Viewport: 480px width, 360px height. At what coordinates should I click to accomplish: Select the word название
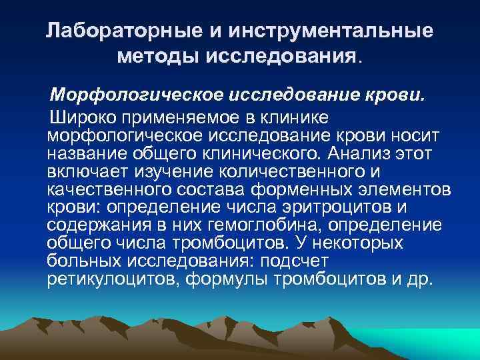86,154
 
